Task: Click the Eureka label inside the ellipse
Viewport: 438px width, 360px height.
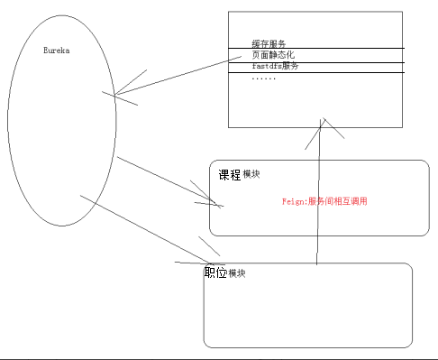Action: [x=57, y=51]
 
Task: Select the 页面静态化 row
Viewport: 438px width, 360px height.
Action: [x=273, y=55]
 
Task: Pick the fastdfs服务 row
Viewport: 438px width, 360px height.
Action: [x=276, y=66]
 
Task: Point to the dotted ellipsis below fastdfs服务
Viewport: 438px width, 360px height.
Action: [x=264, y=78]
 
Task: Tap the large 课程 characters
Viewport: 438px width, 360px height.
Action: [x=230, y=175]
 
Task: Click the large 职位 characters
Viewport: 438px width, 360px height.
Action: [x=215, y=272]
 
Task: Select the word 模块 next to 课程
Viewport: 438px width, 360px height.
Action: [x=252, y=177]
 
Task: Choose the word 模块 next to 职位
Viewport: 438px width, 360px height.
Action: [x=237, y=273]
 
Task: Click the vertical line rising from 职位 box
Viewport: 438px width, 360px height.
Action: [x=316, y=208]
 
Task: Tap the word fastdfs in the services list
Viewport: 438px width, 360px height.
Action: [x=266, y=66]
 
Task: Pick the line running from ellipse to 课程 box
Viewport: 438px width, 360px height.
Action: [x=162, y=180]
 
